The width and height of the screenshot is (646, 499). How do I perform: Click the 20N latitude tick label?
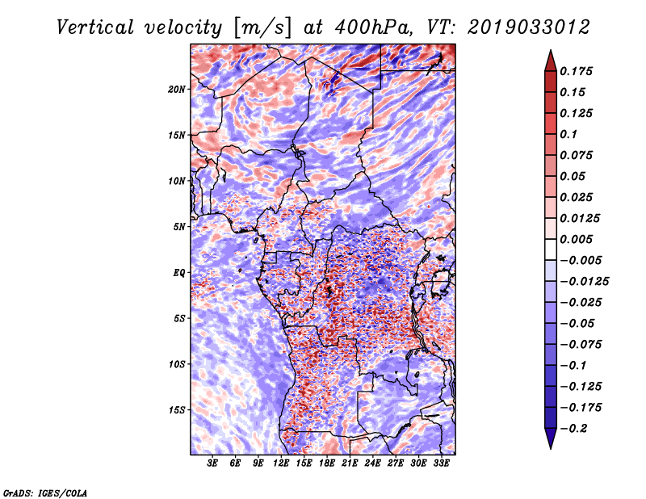176,90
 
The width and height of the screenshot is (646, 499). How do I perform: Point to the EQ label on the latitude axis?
178,273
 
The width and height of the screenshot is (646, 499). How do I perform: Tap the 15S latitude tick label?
177,410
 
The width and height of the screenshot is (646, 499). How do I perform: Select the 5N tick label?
179,227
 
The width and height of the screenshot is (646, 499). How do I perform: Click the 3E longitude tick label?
212,463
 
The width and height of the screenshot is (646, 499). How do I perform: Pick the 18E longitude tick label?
327,463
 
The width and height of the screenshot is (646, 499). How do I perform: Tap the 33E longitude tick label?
441,463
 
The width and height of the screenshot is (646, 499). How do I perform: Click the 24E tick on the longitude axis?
372,463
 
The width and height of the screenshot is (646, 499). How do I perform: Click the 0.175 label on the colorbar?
576,71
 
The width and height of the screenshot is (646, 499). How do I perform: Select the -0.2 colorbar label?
573,429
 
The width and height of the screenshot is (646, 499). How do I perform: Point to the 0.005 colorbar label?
576,239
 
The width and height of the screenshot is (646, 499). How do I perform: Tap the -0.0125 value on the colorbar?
584,282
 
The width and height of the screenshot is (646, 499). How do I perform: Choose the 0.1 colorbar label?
568,134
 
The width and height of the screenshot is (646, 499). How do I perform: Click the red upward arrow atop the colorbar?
551,61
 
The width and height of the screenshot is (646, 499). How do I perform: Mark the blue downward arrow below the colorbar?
551,438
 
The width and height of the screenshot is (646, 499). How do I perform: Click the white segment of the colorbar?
551,249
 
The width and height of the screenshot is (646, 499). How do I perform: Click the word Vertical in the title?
95,27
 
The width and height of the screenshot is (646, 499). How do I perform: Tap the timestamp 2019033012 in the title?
529,27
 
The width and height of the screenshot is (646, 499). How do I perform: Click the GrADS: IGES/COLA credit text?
45,493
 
